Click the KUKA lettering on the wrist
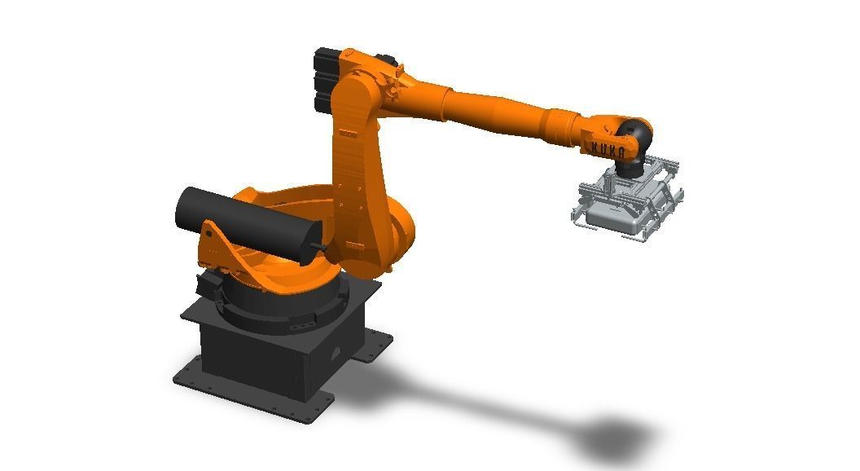point(608,150)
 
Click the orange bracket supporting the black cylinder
point(222,249)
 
